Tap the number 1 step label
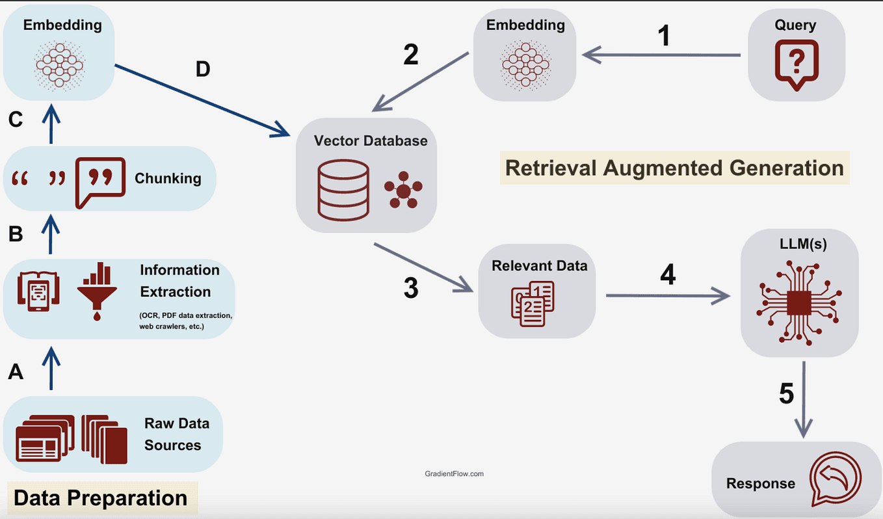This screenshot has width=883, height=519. point(663,36)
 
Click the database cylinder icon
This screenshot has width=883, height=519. point(343,190)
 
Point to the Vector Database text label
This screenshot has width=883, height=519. point(371,140)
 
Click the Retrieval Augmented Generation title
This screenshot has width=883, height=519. point(674,167)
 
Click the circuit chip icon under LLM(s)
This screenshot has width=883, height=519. point(799,302)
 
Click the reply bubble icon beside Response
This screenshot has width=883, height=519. point(834,481)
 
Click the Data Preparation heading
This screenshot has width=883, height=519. point(101,498)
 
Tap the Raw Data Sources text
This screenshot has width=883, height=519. point(177,434)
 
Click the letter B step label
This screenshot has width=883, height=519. point(16,234)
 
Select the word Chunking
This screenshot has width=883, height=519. point(168,178)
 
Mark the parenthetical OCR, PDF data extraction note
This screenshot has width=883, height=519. point(185,321)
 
